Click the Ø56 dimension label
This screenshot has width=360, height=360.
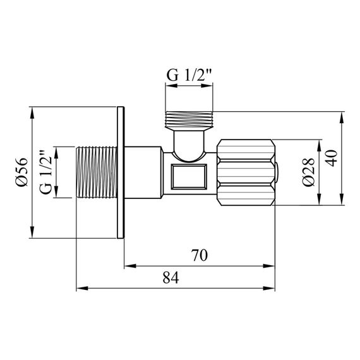click(x=21, y=172)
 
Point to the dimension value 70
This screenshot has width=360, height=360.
click(x=200, y=256)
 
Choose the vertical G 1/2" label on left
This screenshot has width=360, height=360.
click(x=45, y=172)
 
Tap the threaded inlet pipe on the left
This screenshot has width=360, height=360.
click(x=96, y=172)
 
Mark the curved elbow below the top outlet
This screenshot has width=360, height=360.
click(x=189, y=144)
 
